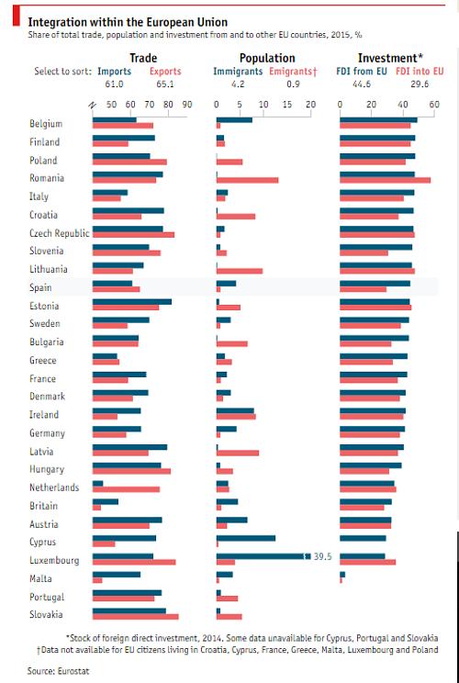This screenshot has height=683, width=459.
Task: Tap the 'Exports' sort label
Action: pos(165,70)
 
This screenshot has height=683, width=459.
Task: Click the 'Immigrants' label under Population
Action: pos(238,70)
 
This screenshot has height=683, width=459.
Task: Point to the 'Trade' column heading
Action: pos(142,57)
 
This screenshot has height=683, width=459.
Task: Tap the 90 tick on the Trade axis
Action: pos(187,105)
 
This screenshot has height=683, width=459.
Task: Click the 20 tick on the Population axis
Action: pos(310,105)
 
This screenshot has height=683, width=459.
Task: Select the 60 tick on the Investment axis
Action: pos(434,105)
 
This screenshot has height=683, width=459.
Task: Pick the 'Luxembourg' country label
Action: pos(54,560)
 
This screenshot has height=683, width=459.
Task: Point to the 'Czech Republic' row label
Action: pos(60,233)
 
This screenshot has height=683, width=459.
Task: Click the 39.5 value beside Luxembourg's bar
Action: pos(323,556)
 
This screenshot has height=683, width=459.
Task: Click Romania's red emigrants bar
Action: pos(247,180)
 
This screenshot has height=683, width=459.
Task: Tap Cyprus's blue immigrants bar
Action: pos(245,538)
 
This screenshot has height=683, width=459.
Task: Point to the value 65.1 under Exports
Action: pos(165,83)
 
